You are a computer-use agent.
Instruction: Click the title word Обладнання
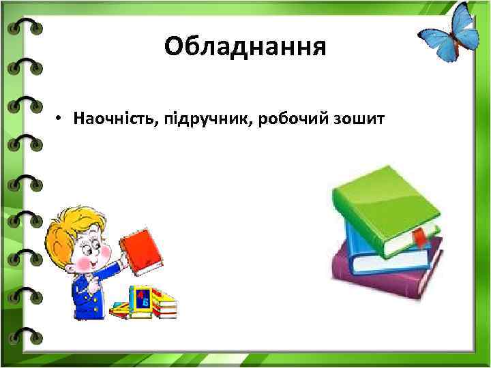245,47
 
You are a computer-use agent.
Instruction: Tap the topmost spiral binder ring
25,27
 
